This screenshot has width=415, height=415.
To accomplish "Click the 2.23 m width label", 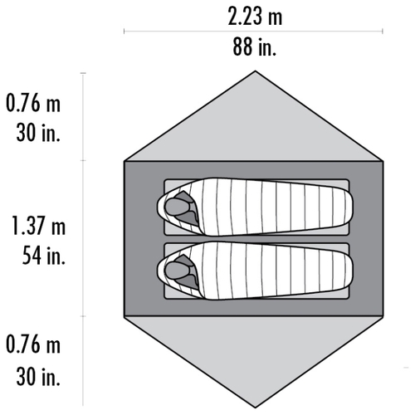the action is point(255,17).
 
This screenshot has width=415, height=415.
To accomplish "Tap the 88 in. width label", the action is point(255,47).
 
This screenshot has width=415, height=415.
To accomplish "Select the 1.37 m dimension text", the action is point(39,226).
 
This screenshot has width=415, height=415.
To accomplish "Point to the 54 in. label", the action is point(44,255).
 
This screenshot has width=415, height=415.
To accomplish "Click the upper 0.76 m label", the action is point(33,103).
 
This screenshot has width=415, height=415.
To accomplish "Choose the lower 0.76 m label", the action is point(33,344).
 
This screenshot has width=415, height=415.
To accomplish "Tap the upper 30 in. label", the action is point(38,133).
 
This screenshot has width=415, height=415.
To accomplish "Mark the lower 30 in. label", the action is point(38,376).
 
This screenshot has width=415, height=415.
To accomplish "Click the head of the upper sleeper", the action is point(177,207).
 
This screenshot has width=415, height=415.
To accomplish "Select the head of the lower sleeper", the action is point(177,271).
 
